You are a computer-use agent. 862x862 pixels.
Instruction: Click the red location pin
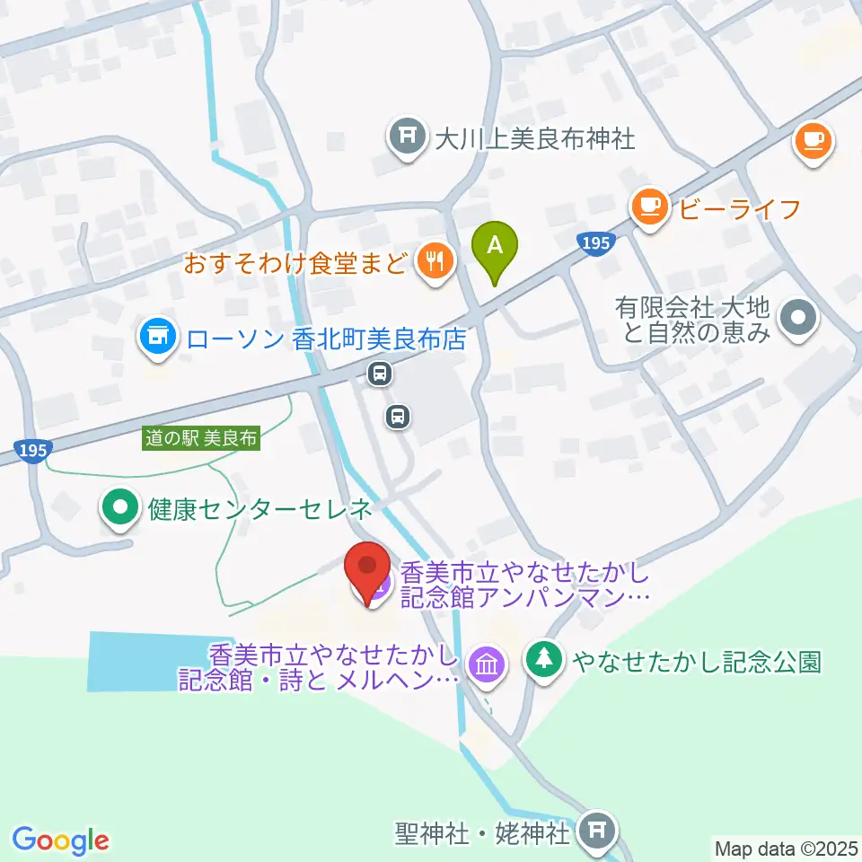click(367, 572)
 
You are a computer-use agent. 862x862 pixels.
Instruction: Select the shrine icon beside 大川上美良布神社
click(408, 138)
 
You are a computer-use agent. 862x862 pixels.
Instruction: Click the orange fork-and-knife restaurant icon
click(436, 262)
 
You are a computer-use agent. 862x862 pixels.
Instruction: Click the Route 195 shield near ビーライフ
click(594, 243)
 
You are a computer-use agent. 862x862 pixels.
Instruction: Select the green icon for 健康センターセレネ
click(120, 509)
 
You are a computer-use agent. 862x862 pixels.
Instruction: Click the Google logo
click(60, 840)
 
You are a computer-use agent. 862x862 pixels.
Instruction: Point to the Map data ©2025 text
click(786, 848)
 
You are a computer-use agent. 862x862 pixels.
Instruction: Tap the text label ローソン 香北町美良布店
click(327, 339)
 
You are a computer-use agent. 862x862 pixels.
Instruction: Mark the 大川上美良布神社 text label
click(534, 138)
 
